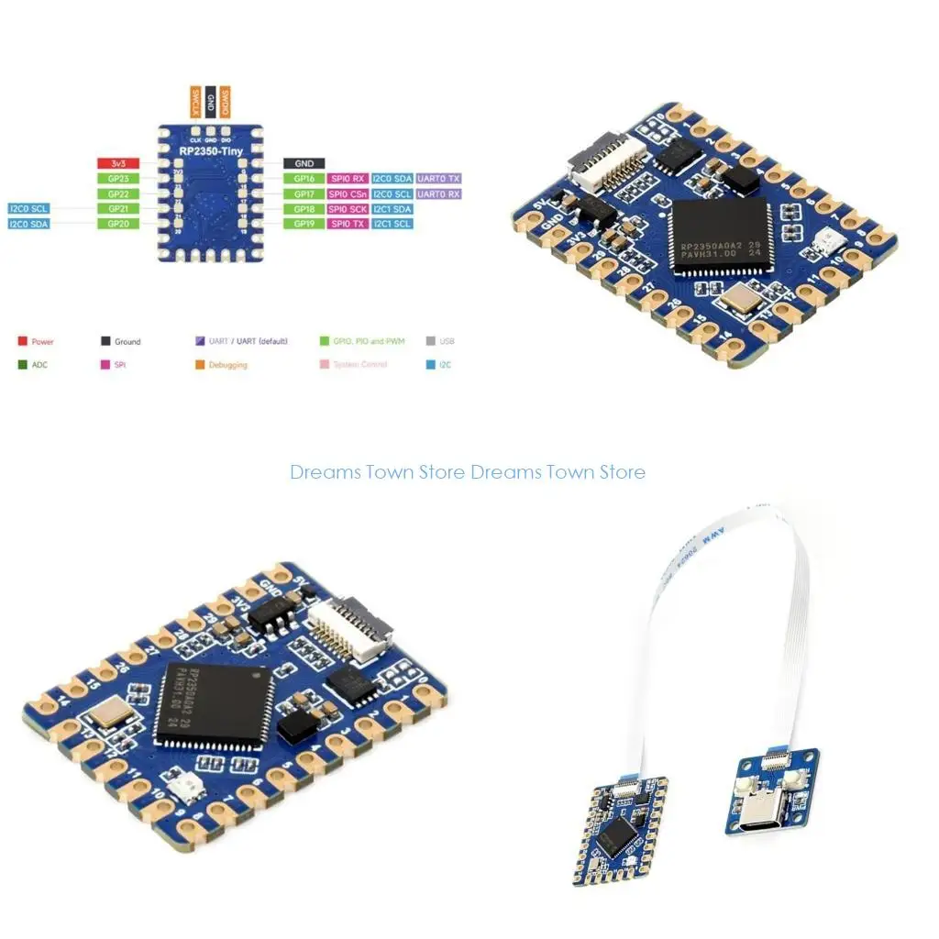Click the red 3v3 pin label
pyautogui.click(x=117, y=163)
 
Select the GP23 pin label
pyautogui.click(x=117, y=179)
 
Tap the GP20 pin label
pyautogui.click(x=117, y=224)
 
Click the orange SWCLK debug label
pyautogui.click(x=194, y=101)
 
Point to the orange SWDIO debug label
pyautogui.click(x=226, y=101)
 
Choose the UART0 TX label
pyautogui.click(x=439, y=179)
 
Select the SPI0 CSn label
pyautogui.click(x=348, y=194)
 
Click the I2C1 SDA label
pyautogui.click(x=392, y=209)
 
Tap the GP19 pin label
pyautogui.click(x=304, y=224)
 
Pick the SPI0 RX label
pyautogui.click(x=348, y=179)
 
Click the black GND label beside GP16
pyautogui.click(x=304, y=163)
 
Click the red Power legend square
pyautogui.click(x=22, y=341)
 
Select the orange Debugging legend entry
pyautogui.click(x=227, y=365)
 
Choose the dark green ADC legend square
pyautogui.click(x=22, y=364)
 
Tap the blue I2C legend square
pyautogui.click(x=431, y=364)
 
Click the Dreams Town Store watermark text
pyautogui.click(x=468, y=472)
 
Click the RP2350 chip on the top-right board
pyautogui.click(x=720, y=235)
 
